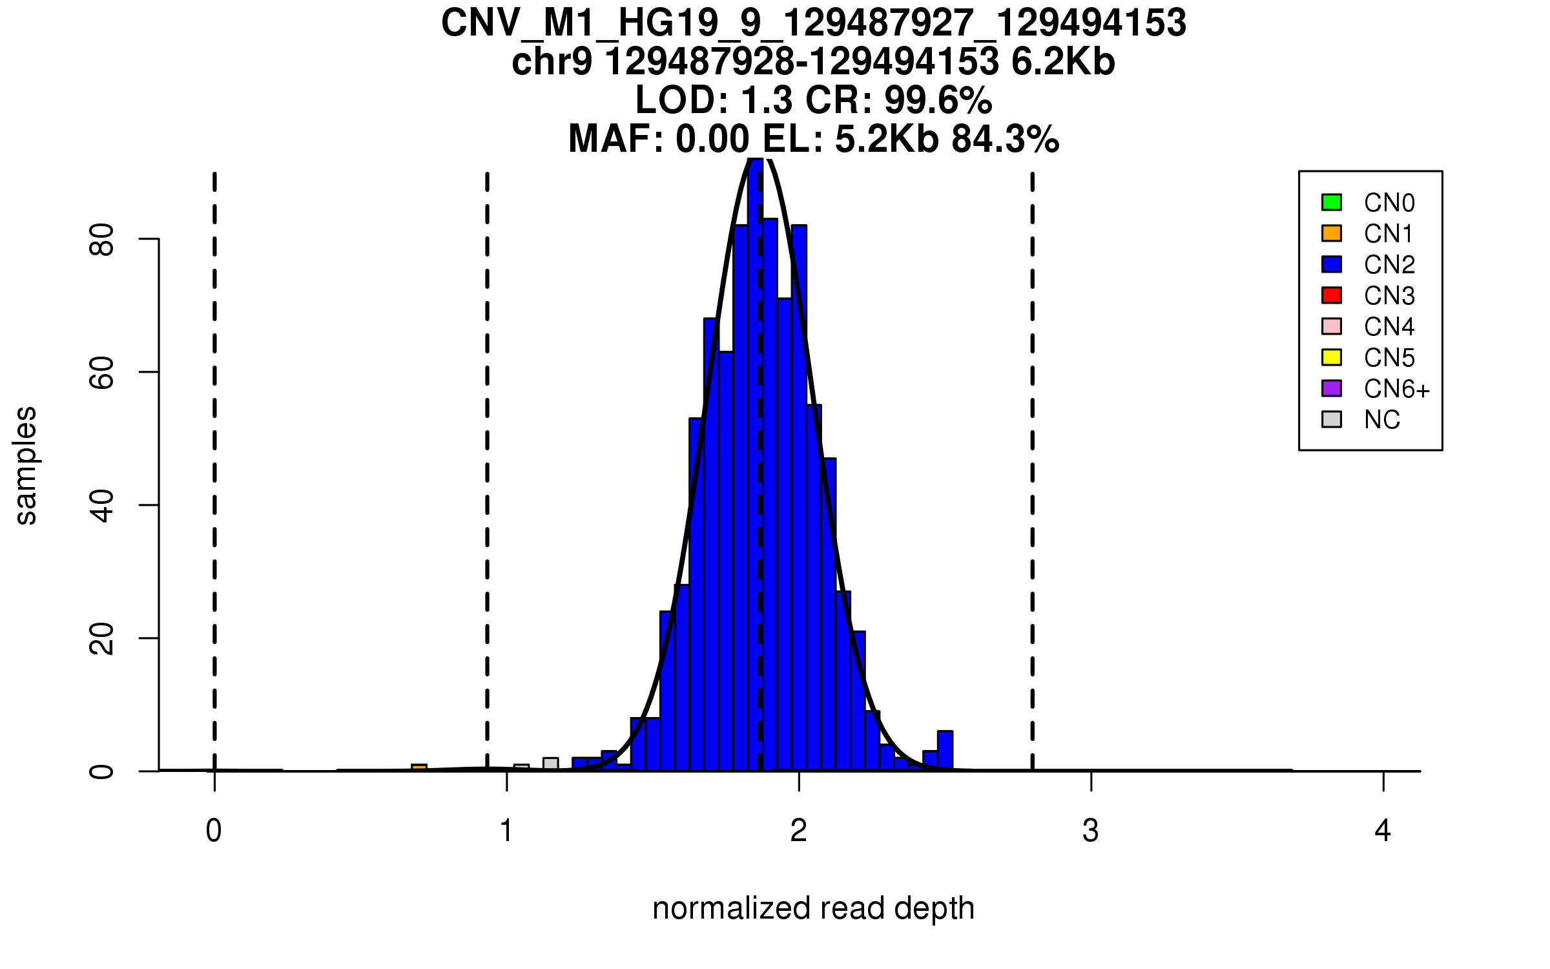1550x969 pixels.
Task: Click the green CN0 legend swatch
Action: (1332, 202)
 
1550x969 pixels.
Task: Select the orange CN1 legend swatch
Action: (1332, 233)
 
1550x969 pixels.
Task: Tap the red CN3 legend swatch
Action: (1332, 295)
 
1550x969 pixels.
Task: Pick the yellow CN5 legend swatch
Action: (1332, 357)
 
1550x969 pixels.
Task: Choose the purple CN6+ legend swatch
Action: (1332, 388)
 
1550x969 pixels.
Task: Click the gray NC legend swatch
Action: (1332, 419)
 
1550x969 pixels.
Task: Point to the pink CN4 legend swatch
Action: (1332, 326)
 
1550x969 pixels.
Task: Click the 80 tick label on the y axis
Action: (102, 240)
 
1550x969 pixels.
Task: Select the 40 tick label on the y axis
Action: (102, 505)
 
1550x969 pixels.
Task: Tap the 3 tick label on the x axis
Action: (1091, 831)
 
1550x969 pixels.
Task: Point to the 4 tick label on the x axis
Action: (1383, 831)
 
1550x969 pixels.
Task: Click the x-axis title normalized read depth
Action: (813, 908)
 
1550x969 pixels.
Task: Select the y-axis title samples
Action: (26, 465)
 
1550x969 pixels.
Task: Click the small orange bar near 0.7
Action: (419, 767)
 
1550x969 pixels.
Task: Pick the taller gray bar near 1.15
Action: (551, 764)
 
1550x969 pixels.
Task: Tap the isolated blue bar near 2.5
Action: (945, 751)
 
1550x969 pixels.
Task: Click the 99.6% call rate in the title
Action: (938, 101)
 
